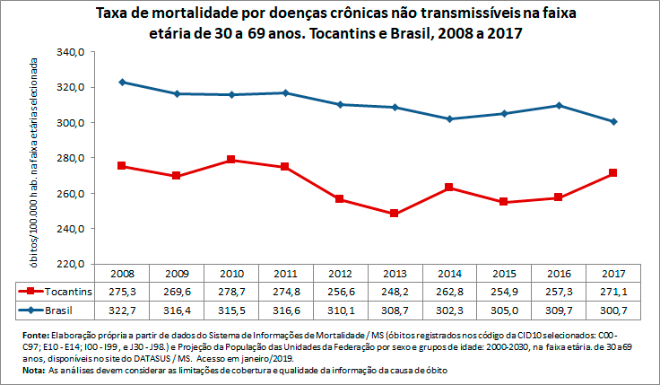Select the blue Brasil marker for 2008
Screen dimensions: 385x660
(122, 82)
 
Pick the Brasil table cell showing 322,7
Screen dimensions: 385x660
(122, 310)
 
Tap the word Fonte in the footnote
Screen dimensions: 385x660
(37, 336)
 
